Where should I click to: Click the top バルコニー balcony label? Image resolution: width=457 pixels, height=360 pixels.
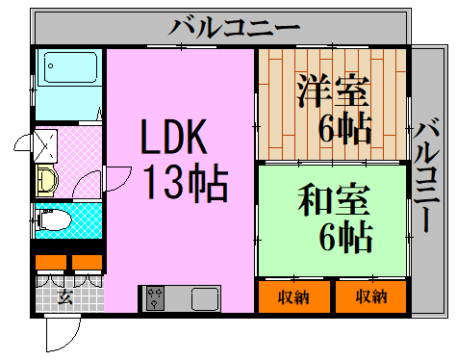(x=234, y=28)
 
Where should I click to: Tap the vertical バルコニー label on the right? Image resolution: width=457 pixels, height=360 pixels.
(x=426, y=175)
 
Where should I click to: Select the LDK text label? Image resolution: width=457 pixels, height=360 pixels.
(x=174, y=137)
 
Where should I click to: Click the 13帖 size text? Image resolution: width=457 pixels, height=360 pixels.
(x=185, y=182)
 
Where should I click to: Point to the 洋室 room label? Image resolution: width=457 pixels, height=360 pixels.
(x=333, y=90)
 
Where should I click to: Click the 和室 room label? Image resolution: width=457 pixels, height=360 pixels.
(x=334, y=199)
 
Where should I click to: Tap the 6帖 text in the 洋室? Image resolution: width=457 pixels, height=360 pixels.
(x=345, y=128)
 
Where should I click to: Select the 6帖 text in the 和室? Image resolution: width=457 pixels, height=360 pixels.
(x=345, y=237)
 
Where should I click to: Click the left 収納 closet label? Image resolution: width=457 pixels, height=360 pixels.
(x=293, y=297)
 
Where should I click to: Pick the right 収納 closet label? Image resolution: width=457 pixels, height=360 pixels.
(x=371, y=296)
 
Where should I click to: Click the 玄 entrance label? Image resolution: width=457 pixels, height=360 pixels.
(x=65, y=296)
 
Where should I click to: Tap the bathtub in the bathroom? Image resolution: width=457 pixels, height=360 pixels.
(x=70, y=67)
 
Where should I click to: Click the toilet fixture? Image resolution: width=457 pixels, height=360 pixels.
(x=54, y=219)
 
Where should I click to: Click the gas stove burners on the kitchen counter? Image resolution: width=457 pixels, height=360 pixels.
(x=155, y=298)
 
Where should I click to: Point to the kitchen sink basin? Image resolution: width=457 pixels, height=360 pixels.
(x=205, y=298)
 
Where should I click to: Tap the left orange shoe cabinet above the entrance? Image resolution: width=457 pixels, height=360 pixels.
(x=51, y=262)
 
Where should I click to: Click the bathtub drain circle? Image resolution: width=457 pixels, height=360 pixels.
(x=50, y=66)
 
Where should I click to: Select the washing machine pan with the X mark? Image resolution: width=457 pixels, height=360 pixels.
(x=45, y=146)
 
